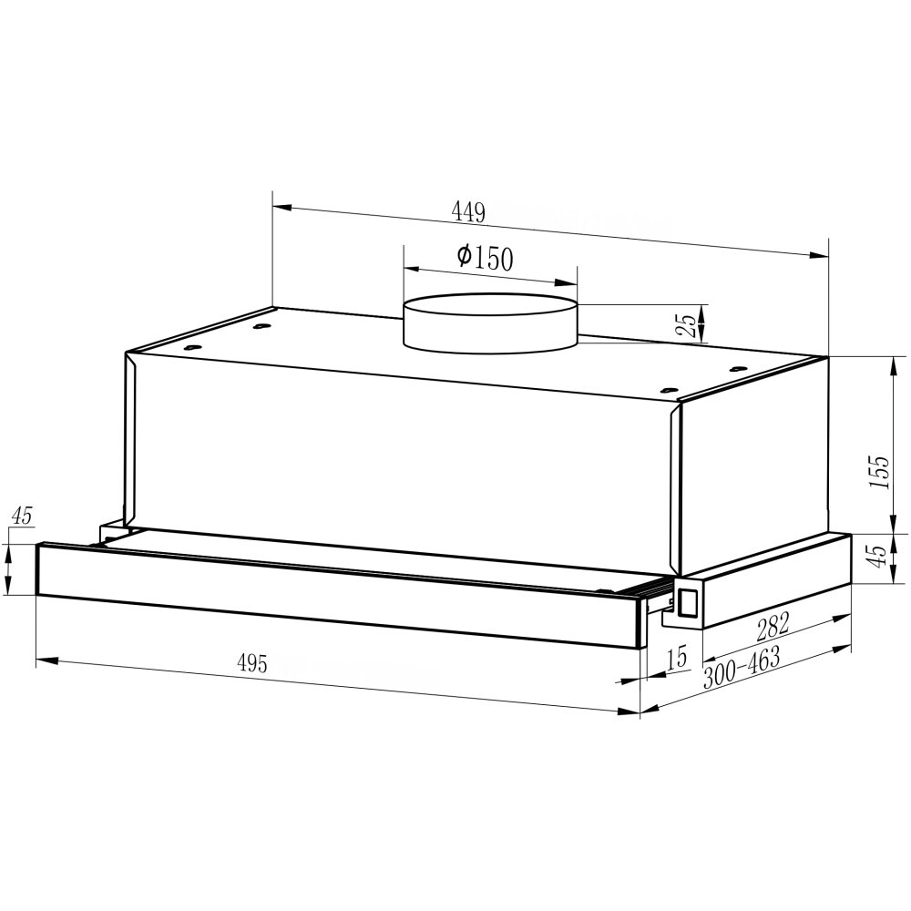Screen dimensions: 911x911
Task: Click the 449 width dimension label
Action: tap(468, 212)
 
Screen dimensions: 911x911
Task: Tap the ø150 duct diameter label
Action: tap(486, 258)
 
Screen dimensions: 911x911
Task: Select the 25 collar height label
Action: tap(686, 325)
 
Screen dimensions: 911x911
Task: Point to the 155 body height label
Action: tap(880, 471)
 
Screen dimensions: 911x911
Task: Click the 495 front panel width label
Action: tap(252, 663)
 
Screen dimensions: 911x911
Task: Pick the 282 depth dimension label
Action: tap(773, 625)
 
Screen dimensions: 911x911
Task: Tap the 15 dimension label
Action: tap(676, 658)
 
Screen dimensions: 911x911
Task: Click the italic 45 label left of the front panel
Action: tap(23, 516)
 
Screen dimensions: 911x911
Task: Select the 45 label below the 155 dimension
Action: tap(880, 556)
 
